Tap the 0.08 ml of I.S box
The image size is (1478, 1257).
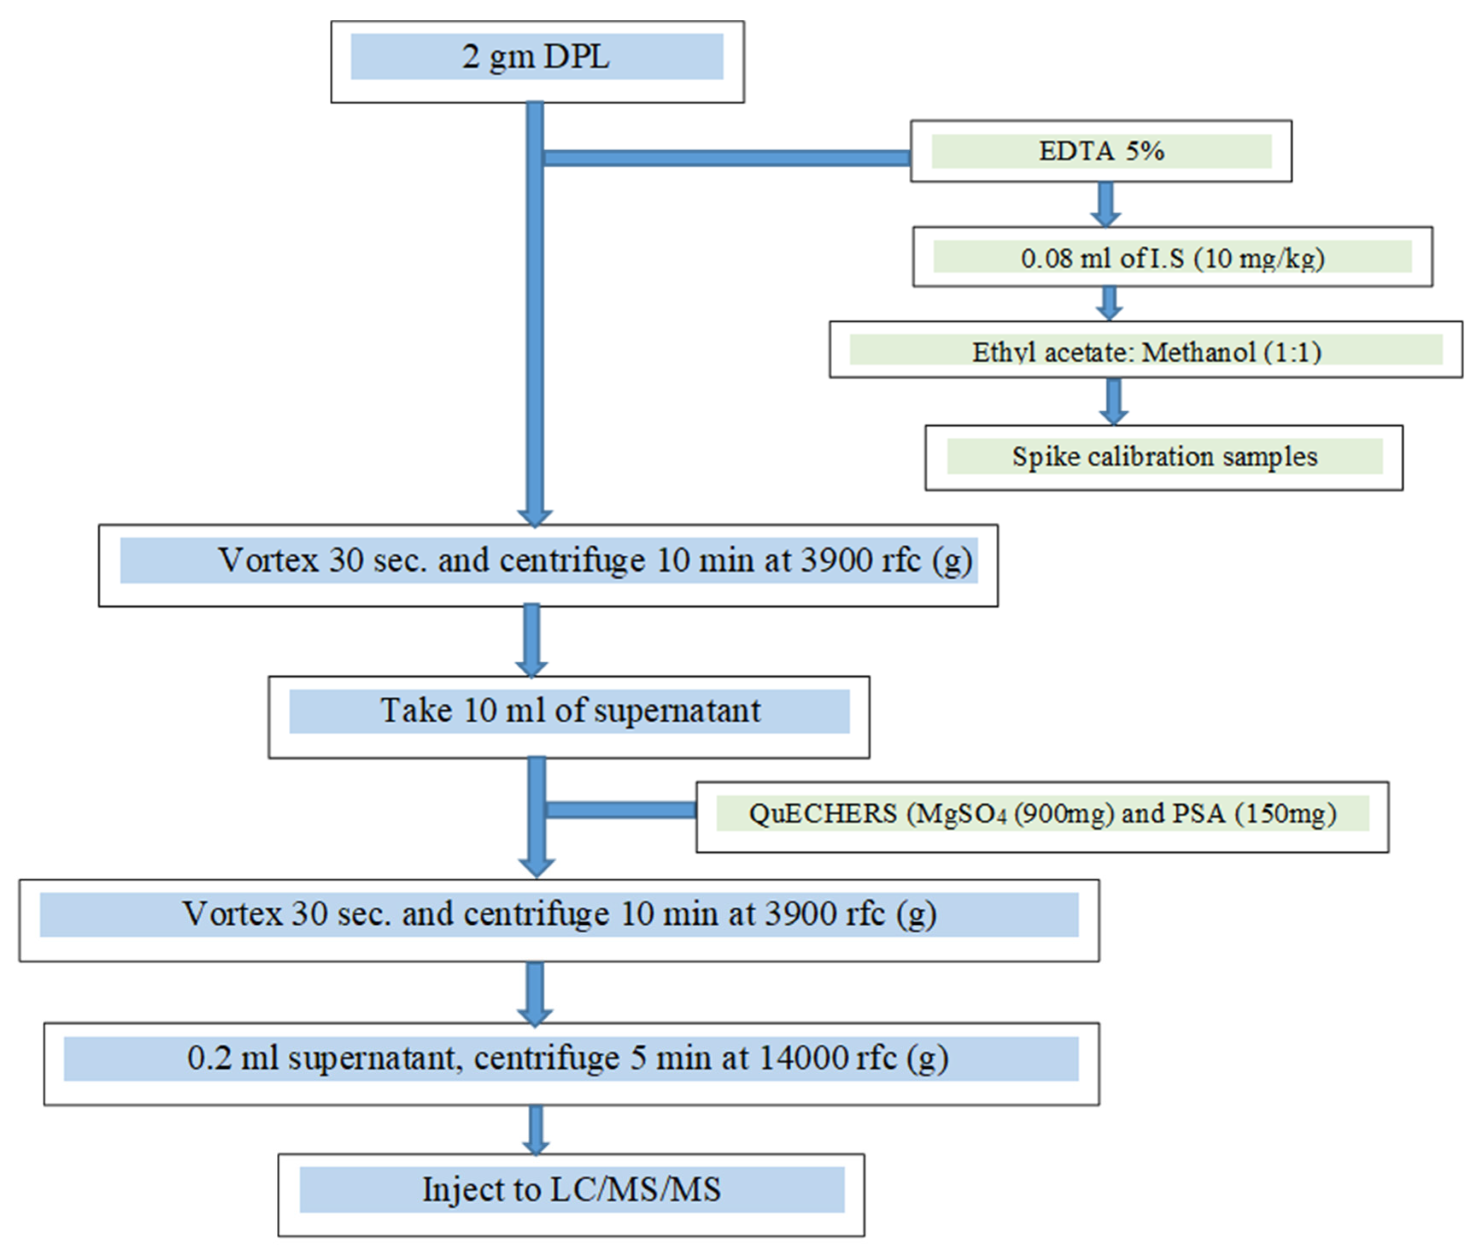(1172, 257)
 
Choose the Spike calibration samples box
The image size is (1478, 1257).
(1163, 457)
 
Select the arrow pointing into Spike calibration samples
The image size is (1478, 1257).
(1112, 401)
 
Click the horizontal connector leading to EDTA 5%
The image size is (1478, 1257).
(726, 158)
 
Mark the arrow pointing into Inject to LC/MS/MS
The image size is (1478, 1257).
(536, 1129)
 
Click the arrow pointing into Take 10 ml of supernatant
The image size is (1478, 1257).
(531, 640)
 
